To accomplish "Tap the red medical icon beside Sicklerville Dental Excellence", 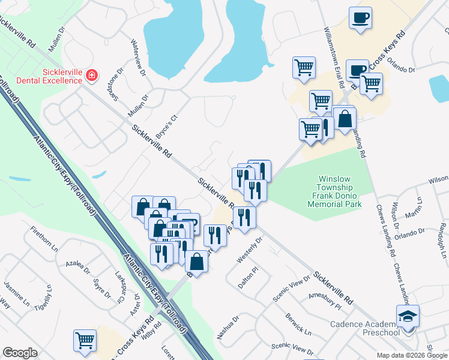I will pos(91,76).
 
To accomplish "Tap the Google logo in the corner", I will pos(20,353).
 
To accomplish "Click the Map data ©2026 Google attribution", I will pos(412,355).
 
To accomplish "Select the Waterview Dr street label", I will pos(139,58).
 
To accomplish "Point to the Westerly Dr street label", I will pos(250,250).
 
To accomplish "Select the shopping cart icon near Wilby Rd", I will pos(85,340).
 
